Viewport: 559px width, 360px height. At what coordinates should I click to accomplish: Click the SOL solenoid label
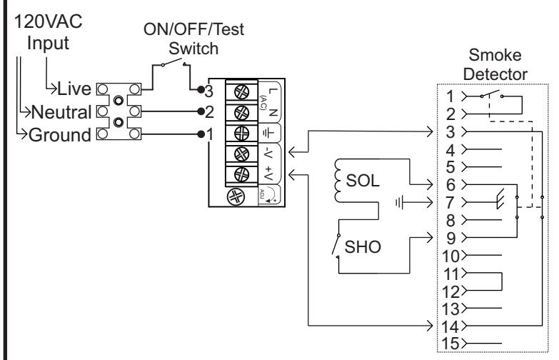[x=362, y=181]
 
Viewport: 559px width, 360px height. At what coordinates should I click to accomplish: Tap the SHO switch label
[x=363, y=247]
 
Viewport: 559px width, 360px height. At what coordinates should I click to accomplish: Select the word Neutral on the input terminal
[x=61, y=112]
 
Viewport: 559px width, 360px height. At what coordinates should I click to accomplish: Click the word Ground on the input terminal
[x=60, y=135]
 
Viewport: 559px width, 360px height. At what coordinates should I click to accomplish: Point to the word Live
[x=74, y=89]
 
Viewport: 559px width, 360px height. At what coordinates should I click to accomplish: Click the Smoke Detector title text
[x=495, y=64]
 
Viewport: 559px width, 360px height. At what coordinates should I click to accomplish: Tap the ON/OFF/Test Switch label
[x=193, y=39]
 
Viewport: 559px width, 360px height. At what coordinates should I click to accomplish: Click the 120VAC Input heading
[x=48, y=32]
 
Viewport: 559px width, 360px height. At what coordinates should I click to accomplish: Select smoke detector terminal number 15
[x=450, y=344]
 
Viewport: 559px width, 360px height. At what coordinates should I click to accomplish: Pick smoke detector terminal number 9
[x=450, y=238]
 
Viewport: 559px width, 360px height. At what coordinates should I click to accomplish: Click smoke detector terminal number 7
[x=450, y=203]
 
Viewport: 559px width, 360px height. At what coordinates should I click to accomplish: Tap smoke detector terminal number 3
[x=450, y=132]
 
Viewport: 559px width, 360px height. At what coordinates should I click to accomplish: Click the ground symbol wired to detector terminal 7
[x=399, y=203]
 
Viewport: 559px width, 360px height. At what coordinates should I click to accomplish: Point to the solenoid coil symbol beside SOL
[x=338, y=181]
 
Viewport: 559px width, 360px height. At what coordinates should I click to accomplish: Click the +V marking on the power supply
[x=269, y=174]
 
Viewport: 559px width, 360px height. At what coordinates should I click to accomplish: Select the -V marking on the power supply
[x=269, y=154]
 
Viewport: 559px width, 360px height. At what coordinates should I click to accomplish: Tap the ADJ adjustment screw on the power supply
[x=236, y=196]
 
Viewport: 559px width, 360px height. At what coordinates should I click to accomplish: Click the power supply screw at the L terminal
[x=241, y=92]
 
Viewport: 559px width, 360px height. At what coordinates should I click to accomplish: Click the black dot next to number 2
[x=201, y=111]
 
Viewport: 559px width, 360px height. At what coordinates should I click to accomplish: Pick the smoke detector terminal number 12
[x=450, y=291]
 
